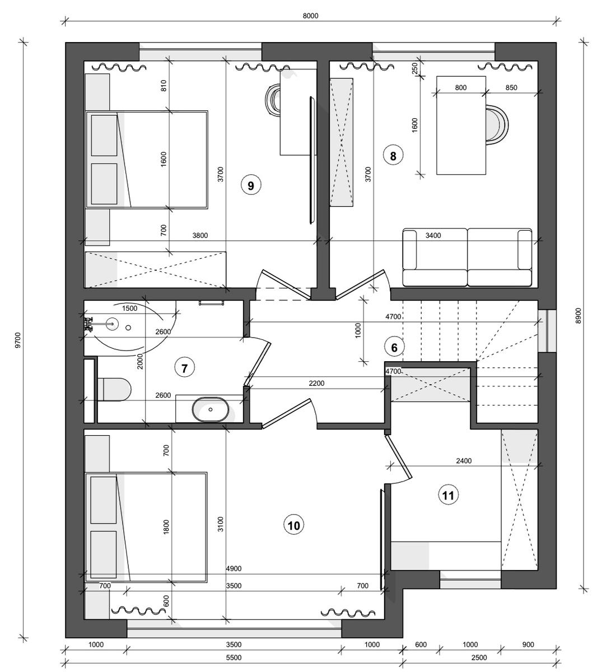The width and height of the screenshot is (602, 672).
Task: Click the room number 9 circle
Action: pyautogui.click(x=251, y=185)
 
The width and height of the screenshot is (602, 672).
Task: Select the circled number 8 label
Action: pyautogui.click(x=393, y=156)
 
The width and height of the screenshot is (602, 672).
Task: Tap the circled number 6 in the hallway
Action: pyautogui.click(x=394, y=347)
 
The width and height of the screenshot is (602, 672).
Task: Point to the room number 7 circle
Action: pyautogui.click(x=184, y=368)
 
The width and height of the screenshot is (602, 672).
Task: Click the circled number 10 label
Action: pyautogui.click(x=294, y=525)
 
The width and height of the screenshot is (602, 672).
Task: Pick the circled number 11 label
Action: pyautogui.click(x=449, y=495)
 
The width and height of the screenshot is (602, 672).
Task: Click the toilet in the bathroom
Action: pyautogui.click(x=114, y=389)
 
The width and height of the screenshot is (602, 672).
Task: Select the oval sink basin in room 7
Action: pyautogui.click(x=211, y=409)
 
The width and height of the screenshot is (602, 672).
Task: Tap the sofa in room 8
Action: pyautogui.click(x=468, y=257)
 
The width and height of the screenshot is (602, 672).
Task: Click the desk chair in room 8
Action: pyautogui.click(x=497, y=125)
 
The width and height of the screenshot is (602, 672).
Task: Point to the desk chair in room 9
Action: pyautogui.click(x=273, y=100)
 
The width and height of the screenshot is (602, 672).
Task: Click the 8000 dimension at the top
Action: pyautogui.click(x=310, y=16)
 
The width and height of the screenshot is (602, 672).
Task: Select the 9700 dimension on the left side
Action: pyautogui.click(x=18, y=340)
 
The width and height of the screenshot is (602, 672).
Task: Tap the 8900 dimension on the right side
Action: pyautogui.click(x=578, y=316)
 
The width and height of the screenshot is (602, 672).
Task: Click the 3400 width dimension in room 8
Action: pyautogui.click(x=433, y=236)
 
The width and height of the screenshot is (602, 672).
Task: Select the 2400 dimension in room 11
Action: pyautogui.click(x=464, y=461)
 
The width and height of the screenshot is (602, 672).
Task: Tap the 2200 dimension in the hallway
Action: pyautogui.click(x=316, y=384)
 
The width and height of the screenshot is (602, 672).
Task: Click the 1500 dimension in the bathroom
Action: pyautogui.click(x=129, y=309)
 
